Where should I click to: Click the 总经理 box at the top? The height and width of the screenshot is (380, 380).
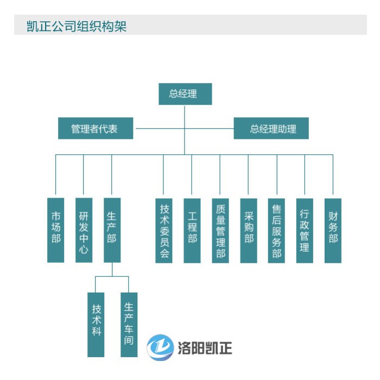click(185, 94)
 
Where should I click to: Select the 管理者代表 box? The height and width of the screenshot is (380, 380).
click(96, 129)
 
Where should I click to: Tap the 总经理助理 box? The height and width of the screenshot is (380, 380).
click(271, 129)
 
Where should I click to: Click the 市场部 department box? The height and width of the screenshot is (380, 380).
click(55, 229)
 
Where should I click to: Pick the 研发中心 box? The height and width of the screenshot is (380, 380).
click(84, 229)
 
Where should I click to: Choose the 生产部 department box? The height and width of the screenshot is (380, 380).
click(112, 229)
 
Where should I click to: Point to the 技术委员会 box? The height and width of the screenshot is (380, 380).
click(164, 230)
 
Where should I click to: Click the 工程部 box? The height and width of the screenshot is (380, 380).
click(192, 230)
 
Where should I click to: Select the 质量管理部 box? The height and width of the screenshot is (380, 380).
click(220, 230)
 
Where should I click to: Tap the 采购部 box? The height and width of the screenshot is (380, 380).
click(249, 230)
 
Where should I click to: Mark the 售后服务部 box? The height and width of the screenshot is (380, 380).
click(277, 230)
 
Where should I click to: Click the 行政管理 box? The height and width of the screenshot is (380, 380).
click(305, 230)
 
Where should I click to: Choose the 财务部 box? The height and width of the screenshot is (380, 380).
click(333, 230)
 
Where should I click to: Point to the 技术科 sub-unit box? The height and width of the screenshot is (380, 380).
click(96, 324)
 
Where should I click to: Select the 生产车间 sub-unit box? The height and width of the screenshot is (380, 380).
click(129, 324)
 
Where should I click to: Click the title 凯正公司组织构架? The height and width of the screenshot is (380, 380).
click(77, 26)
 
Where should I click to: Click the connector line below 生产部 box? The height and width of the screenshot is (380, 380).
click(112, 270)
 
